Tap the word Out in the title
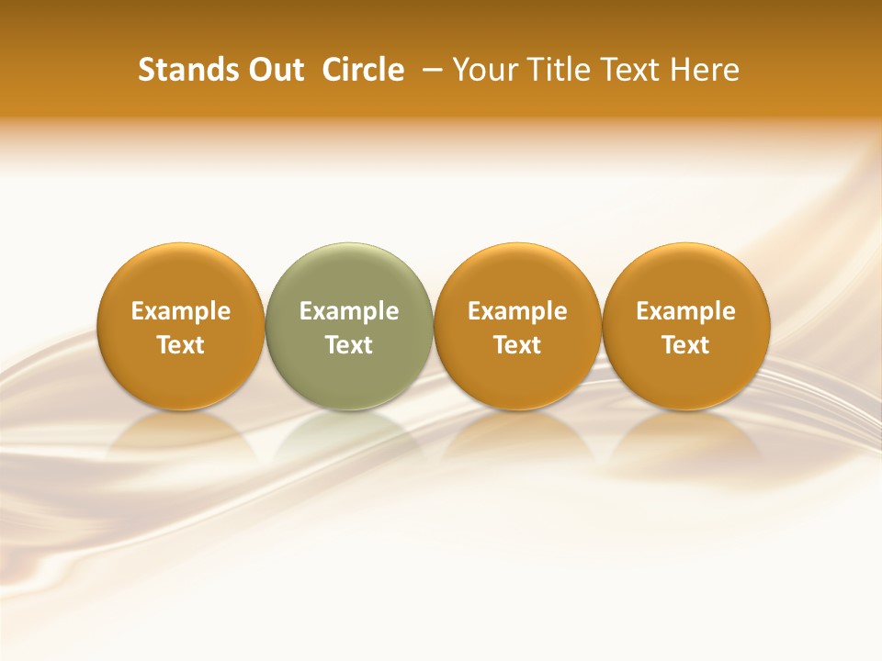tap(274, 70)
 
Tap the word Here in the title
tap(704, 70)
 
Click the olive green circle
tap(349, 275)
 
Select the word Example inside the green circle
tap(349, 311)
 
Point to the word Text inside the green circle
tap(349, 345)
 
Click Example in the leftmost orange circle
tap(181, 311)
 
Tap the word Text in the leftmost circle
tap(181, 345)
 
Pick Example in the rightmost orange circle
tap(685, 311)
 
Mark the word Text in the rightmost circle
tap(685, 345)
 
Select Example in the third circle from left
tap(517, 311)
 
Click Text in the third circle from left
tap(517, 345)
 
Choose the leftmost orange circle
tap(181, 275)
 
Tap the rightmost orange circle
tap(685, 275)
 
